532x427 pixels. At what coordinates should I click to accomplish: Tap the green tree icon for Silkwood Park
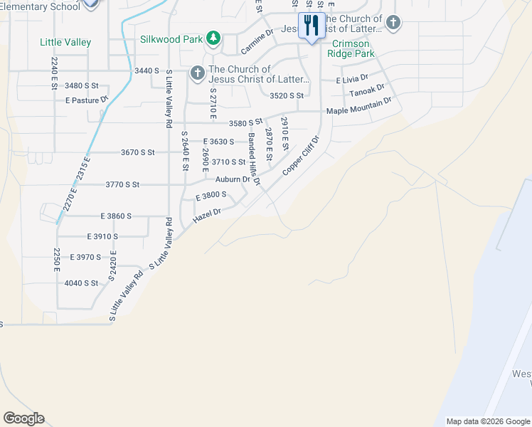pos(213,38)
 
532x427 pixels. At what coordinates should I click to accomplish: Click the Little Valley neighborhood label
pos(65,43)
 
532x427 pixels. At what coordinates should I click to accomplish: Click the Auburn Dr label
pos(233,179)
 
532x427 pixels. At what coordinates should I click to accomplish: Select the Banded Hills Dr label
pos(254,159)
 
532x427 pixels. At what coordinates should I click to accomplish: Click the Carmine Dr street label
pos(257,43)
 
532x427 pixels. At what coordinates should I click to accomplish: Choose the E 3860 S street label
pos(117,216)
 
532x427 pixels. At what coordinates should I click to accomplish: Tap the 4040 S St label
pos(81,283)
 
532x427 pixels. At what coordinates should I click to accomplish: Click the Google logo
pos(23,418)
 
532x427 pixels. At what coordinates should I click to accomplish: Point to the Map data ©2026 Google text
pos(487,421)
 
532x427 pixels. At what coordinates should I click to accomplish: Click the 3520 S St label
pos(287,95)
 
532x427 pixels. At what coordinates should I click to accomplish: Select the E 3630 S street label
pos(218,142)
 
